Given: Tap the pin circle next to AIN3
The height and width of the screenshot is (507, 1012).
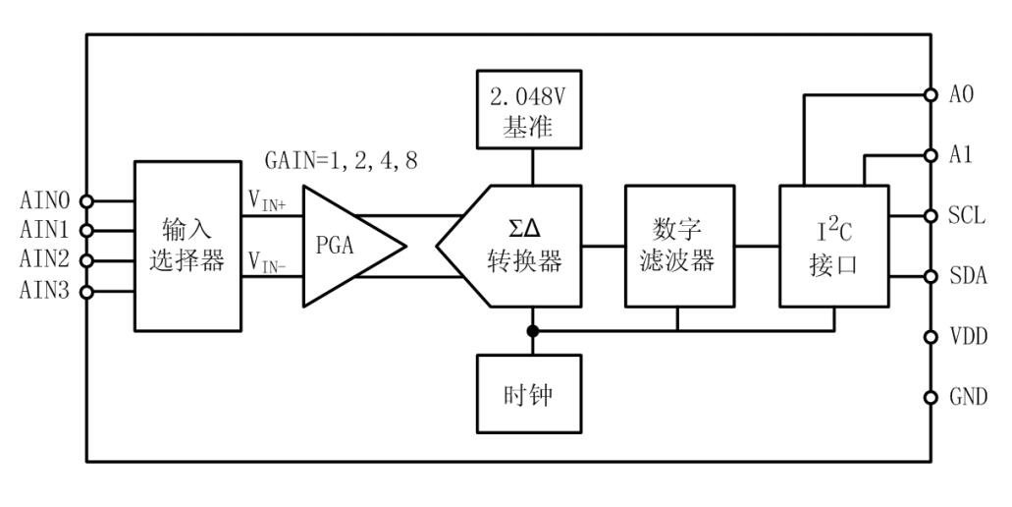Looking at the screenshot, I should (x=86, y=292).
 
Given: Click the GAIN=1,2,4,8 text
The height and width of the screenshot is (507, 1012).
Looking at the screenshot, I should (x=341, y=161).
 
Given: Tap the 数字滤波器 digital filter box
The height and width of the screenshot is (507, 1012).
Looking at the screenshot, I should (x=679, y=246).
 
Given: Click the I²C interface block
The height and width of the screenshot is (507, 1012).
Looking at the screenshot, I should (x=831, y=246).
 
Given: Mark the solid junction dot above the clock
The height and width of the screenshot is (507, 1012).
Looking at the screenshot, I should (x=532, y=330).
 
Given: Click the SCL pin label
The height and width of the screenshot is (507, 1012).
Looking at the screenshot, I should (x=967, y=216).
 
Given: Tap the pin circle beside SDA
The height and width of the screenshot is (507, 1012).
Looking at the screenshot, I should (x=931, y=276).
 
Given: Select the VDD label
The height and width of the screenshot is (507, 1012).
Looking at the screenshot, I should (x=967, y=337).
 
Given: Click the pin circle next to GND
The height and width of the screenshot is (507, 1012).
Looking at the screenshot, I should (x=931, y=398).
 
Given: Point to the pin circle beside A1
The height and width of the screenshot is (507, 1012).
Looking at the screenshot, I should (x=931, y=155).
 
